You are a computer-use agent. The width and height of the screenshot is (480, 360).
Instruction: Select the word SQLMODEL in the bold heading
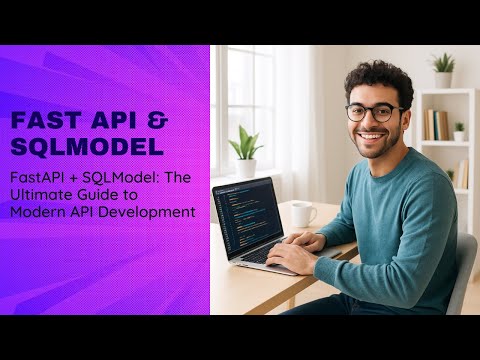pos(86,146)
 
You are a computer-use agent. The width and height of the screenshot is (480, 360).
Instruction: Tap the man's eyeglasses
pos(374,112)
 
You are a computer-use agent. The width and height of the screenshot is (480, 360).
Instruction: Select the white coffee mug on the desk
pos(302,214)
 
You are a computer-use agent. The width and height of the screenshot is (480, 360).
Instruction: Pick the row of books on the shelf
pos(436,125)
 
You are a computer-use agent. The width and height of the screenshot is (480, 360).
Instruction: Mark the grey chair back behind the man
pos(462,270)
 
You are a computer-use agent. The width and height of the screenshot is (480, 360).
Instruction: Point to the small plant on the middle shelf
pos(459,131)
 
